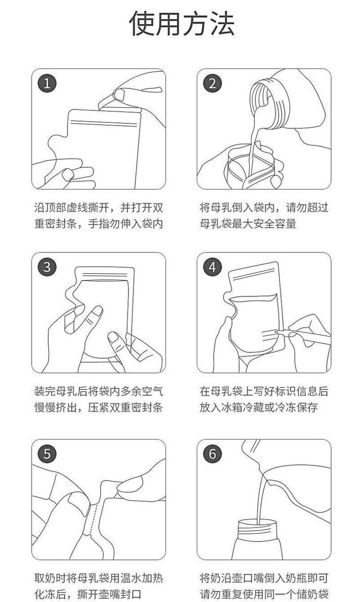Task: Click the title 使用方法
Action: (x=181, y=24)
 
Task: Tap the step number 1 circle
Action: (x=47, y=84)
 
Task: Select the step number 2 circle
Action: (x=212, y=84)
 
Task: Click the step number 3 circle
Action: (x=47, y=267)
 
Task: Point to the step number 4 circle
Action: (x=212, y=267)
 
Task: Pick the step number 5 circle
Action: (x=47, y=454)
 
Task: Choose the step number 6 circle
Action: (x=212, y=454)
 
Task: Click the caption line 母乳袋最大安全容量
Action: (x=248, y=224)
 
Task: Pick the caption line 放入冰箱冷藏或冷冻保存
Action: (x=258, y=407)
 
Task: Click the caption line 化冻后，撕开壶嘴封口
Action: (x=88, y=594)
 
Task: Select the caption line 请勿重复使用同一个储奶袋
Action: (x=264, y=594)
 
